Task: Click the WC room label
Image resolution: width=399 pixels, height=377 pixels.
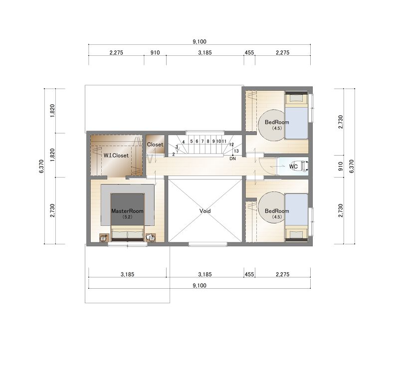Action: (293, 167)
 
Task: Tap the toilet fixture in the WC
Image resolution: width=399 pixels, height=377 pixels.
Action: (304, 166)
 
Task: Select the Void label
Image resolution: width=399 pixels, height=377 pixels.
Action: (205, 211)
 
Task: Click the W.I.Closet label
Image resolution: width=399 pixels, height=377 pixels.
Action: (116, 156)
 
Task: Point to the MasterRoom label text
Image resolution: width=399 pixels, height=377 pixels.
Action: (127, 211)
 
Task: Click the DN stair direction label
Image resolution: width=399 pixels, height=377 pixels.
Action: (232, 159)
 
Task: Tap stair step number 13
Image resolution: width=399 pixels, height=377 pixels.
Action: (236, 151)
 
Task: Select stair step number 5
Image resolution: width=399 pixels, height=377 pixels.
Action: (192, 141)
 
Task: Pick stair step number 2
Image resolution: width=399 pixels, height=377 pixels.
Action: (174, 154)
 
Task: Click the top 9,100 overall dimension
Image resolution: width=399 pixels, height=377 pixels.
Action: (199, 41)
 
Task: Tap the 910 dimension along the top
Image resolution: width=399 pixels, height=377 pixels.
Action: (155, 52)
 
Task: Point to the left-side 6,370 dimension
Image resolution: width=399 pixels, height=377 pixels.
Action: (41, 167)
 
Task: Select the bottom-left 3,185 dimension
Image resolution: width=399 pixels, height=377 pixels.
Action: (127, 274)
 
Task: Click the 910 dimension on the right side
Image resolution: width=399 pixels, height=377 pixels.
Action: (341, 166)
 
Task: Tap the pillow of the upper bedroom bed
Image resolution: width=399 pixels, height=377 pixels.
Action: (296, 98)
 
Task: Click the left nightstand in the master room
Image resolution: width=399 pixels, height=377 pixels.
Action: (104, 238)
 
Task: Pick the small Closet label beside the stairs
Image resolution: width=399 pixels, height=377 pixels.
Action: (155, 145)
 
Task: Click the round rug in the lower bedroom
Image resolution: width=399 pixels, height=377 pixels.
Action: (271, 208)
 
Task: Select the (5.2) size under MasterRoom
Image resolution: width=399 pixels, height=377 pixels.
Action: (127, 217)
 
